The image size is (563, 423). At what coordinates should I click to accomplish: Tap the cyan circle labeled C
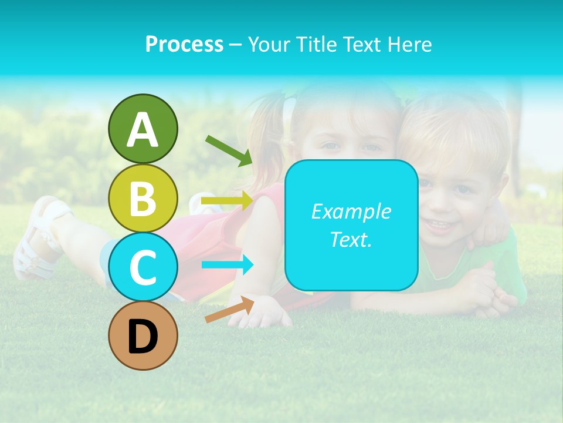143,267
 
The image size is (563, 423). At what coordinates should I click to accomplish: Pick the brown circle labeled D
143,335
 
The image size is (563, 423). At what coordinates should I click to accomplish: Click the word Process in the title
184,44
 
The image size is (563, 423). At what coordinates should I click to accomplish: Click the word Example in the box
351,211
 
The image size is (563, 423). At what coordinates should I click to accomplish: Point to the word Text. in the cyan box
351,239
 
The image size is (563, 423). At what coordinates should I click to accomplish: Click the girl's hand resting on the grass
263,312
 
